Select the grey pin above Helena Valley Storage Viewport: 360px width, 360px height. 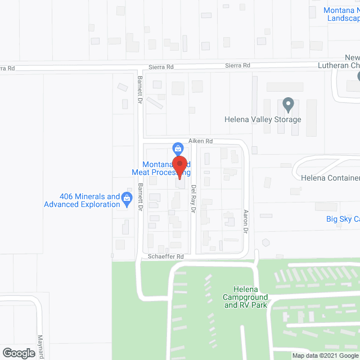pos(288,104)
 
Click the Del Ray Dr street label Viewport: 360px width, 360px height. pos(193,199)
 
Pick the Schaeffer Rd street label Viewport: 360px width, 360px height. pos(165,256)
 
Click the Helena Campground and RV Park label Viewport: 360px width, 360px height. pos(247,296)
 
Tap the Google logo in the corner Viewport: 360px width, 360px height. pos(18,353)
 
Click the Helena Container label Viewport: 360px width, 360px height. pos(330,178)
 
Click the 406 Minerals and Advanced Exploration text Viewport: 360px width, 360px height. pos(82,200)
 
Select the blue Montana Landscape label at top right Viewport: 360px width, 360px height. pos(341,14)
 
